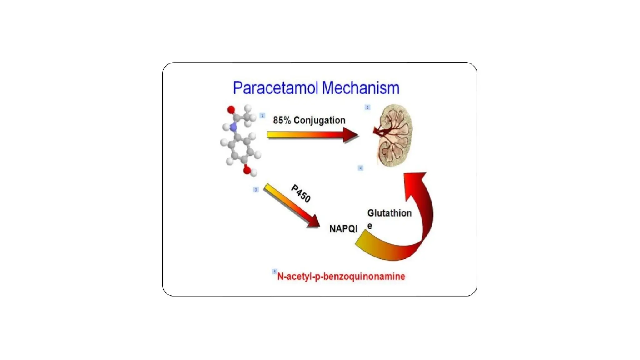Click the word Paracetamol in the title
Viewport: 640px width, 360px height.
(275, 88)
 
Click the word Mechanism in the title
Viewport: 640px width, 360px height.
(360, 88)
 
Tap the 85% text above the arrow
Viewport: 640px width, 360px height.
(282, 120)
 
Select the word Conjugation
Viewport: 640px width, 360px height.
(319, 120)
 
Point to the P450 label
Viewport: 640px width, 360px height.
(301, 193)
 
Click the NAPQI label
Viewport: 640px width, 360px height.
(343, 229)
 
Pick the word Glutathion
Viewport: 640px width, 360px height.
(389, 213)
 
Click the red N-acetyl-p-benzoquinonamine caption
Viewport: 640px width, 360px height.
(341, 277)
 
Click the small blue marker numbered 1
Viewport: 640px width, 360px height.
(262, 116)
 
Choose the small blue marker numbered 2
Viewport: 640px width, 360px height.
(367, 107)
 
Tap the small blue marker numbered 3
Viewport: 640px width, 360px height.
(256, 190)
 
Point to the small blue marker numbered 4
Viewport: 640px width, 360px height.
(360, 168)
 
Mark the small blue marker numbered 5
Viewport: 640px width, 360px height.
(274, 272)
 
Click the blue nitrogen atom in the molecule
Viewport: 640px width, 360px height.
(233, 127)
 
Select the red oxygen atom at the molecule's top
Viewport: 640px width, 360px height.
(231, 110)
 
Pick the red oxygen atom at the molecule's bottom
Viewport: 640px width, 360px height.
(247, 170)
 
